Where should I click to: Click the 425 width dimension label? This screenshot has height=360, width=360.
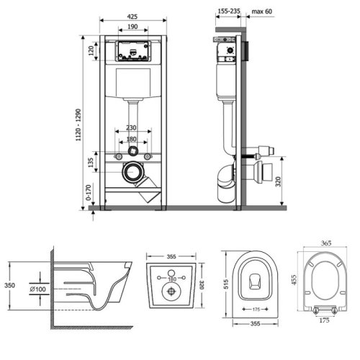[132, 17]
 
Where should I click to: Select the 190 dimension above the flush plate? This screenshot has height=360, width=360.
[132, 27]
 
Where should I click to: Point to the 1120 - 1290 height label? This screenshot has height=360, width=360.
[78, 125]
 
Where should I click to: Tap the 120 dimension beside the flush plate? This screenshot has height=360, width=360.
[91, 51]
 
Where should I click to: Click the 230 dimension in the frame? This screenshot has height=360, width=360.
[131, 127]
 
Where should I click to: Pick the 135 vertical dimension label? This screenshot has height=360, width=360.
[91, 163]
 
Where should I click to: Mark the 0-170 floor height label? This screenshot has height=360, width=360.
[89, 192]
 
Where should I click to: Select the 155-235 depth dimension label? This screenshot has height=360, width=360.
[229, 11]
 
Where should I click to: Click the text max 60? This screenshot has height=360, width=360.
[262, 12]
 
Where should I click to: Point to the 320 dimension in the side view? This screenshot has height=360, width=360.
[278, 181]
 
